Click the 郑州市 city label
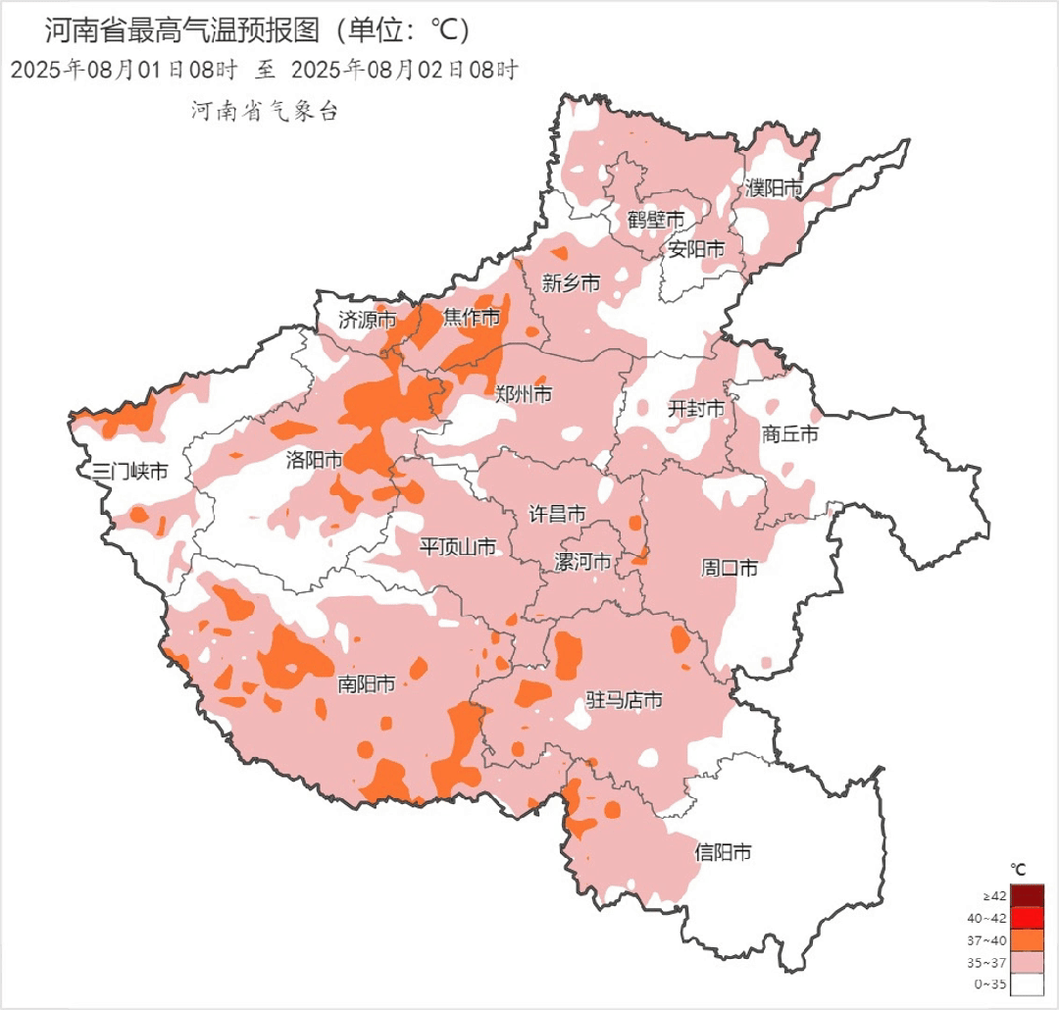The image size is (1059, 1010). [524, 394]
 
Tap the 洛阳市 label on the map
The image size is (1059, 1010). [314, 459]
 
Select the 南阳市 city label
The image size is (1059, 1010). [366, 684]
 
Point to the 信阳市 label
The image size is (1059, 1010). [723, 852]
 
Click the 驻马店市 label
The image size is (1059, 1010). [624, 700]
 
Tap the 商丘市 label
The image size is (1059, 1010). [790, 433]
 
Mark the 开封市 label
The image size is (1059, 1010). [696, 408]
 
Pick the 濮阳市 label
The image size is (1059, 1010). [774, 187]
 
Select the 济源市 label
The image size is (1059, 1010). [368, 319]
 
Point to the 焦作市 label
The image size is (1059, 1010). [471, 317]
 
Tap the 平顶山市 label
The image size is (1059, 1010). [458, 546]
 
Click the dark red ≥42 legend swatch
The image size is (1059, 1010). [1027, 895]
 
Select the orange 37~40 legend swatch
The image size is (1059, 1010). [1027, 939]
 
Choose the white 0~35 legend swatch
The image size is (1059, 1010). [1027, 984]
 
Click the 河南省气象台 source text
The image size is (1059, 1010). [264, 112]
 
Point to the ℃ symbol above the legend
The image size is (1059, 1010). [1019, 869]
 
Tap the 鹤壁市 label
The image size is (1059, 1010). [656, 219]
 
